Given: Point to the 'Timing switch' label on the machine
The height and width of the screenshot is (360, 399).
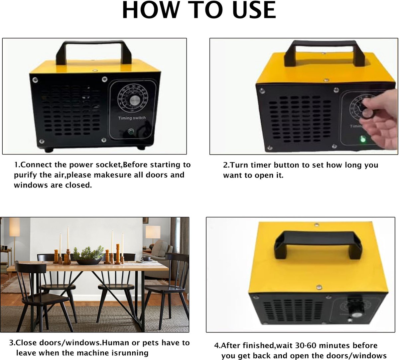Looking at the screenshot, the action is [x=132, y=118].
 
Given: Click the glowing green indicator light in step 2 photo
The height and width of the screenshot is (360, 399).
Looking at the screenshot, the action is [x=363, y=139].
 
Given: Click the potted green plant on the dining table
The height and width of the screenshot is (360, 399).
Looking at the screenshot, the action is [x=88, y=255].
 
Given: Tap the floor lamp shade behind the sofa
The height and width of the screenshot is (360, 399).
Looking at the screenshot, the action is [x=153, y=232].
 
